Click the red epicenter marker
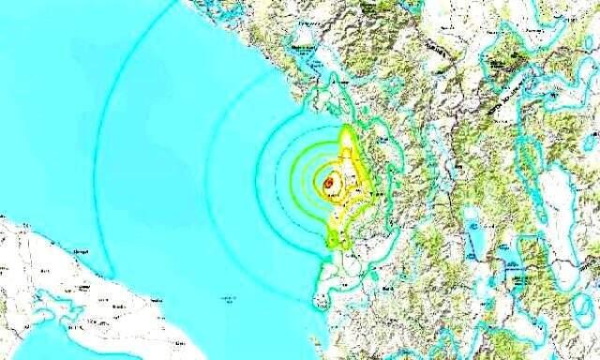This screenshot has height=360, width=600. pos(329,185)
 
